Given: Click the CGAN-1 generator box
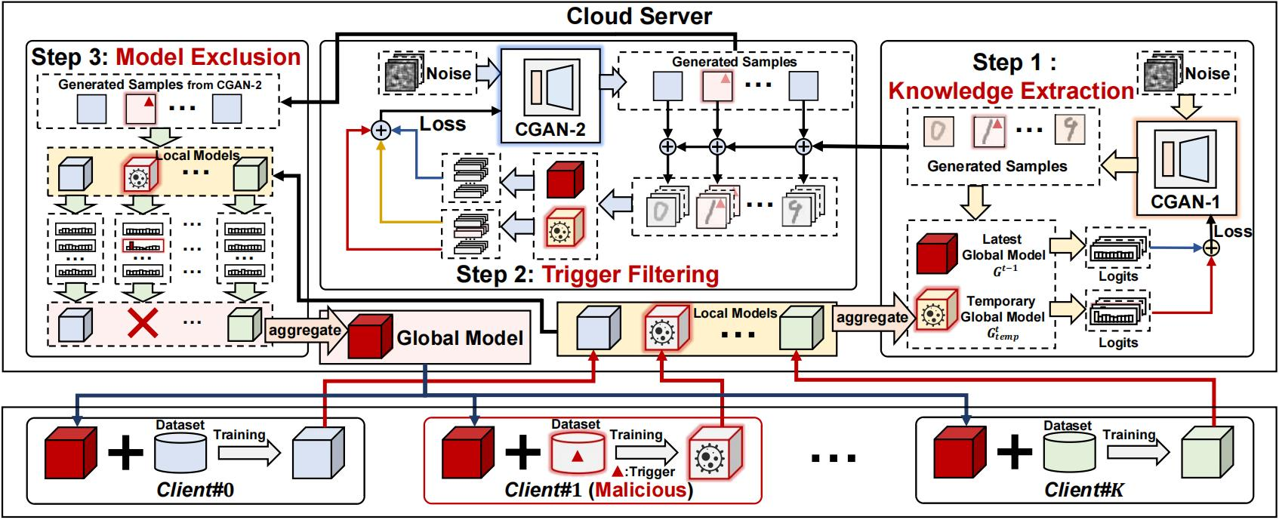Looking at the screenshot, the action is [1186, 168].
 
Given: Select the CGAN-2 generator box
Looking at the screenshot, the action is [550, 96].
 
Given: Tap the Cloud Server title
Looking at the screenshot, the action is [639, 16].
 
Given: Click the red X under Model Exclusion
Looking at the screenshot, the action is [143, 325].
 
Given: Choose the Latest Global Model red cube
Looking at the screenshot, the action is [937, 254].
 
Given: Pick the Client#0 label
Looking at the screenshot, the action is [196, 490].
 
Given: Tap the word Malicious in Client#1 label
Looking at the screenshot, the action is [641, 490].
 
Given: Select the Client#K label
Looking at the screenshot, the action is [1083, 490].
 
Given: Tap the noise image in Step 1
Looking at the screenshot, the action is [1160, 73].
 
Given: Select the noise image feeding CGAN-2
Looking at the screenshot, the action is [402, 73].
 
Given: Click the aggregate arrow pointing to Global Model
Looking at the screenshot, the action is [306, 330].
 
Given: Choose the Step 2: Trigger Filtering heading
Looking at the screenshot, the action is [587, 275].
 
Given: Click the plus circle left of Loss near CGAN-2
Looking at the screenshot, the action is [381, 131].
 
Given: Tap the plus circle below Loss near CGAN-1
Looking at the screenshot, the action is [1211, 248].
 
